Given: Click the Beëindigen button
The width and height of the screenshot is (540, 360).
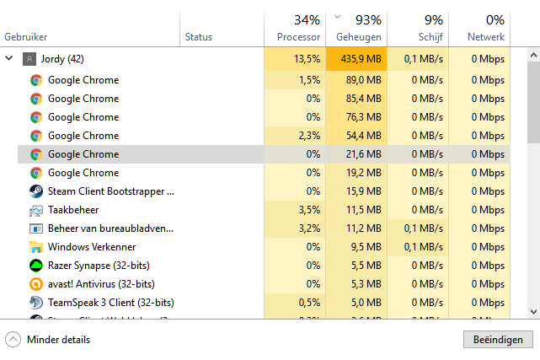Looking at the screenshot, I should [x=498, y=340].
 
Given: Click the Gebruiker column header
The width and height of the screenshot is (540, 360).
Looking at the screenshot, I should [x=26, y=37].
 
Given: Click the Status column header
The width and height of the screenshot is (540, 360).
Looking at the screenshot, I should [x=199, y=37].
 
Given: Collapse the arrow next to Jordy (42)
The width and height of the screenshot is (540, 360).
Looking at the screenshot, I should [x=9, y=59].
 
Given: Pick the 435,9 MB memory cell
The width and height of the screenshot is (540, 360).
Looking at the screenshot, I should [x=358, y=59].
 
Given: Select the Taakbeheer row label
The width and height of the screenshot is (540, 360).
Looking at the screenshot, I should [x=72, y=210].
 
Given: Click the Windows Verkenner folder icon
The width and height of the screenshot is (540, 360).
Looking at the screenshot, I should [x=36, y=247].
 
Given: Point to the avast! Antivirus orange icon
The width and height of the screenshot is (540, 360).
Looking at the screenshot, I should [x=36, y=284].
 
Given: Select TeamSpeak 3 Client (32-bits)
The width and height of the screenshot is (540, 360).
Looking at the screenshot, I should [x=110, y=303].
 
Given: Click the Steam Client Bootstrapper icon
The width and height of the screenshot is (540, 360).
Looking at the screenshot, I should [x=36, y=191].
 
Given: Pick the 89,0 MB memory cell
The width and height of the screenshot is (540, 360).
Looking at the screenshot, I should [x=358, y=80].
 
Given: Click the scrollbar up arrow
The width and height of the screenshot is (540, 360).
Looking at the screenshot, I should [x=533, y=55].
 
